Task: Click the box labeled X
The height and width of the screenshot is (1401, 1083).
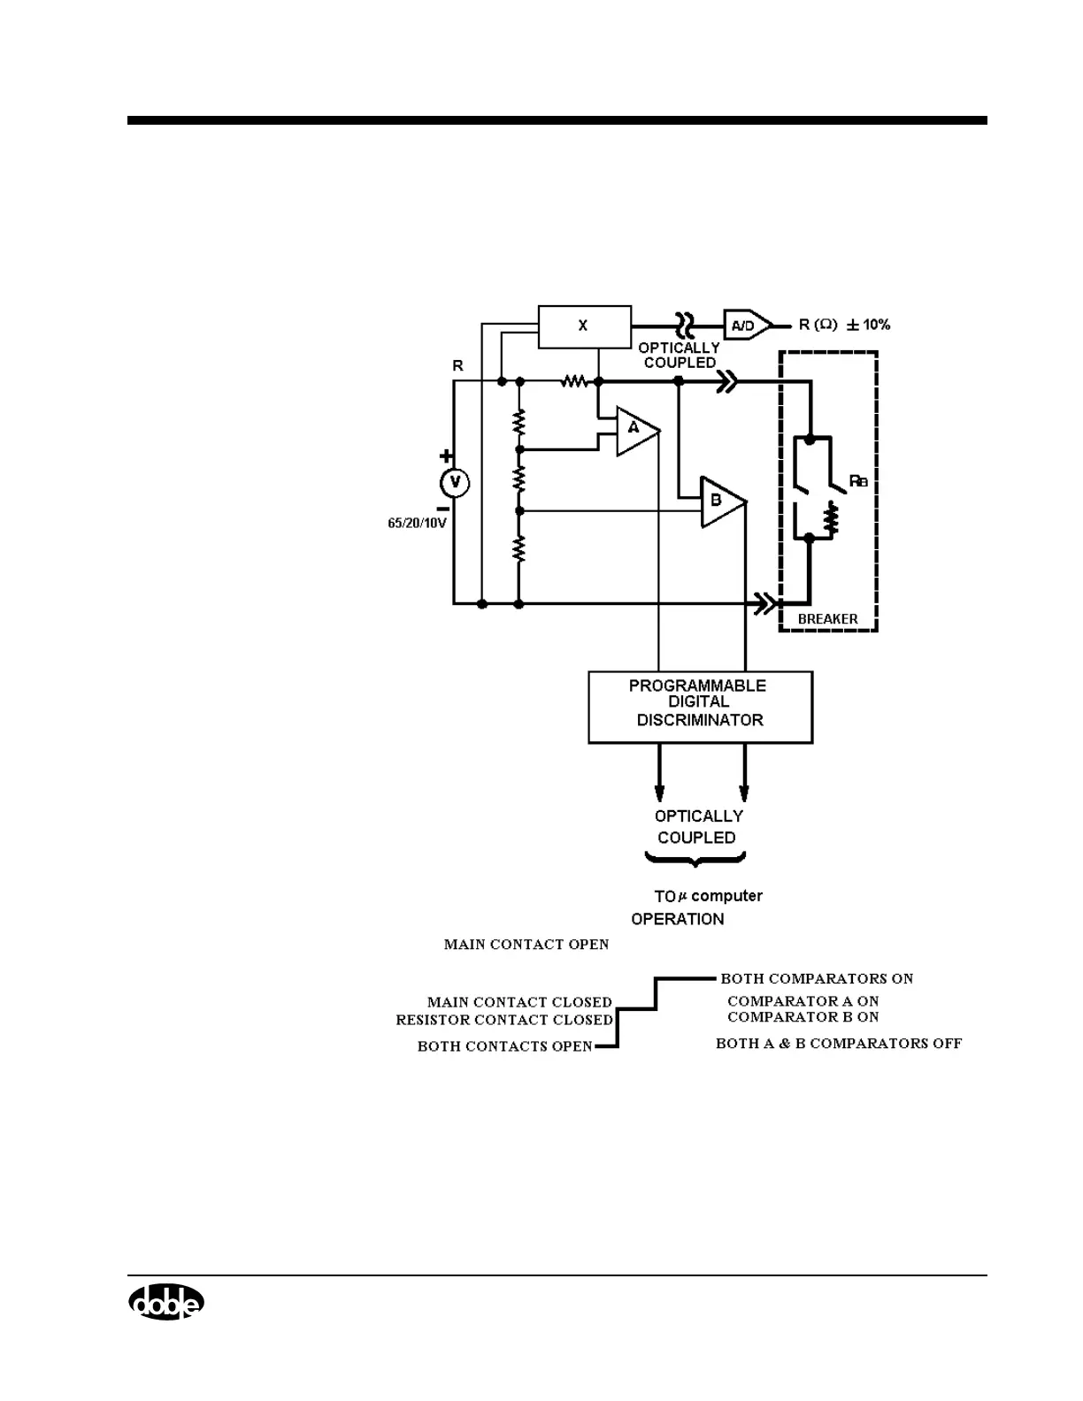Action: [x=584, y=326]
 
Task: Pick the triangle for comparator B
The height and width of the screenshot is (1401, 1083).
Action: [x=720, y=501]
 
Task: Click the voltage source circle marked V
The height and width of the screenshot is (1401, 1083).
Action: [x=455, y=482]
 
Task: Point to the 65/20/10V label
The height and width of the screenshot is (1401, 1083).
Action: [x=418, y=523]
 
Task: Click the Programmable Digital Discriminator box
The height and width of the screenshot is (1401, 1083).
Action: [x=700, y=707]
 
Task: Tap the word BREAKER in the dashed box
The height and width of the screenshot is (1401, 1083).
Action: [x=827, y=619]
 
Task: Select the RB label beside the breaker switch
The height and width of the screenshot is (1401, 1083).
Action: [x=858, y=481]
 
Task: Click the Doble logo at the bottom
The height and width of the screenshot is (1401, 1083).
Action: [x=166, y=1302]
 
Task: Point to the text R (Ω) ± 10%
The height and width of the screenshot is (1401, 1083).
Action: [x=844, y=325]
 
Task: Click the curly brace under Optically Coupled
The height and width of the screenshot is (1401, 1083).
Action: [x=695, y=859]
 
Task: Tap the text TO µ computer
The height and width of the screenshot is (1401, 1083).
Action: [x=708, y=896]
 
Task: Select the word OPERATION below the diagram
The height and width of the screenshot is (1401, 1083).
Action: [x=677, y=919]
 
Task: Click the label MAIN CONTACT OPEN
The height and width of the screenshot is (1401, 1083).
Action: [x=526, y=945]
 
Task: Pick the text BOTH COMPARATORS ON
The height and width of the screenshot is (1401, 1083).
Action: [x=817, y=978]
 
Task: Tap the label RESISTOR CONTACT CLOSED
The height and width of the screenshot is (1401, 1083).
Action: [x=504, y=1020]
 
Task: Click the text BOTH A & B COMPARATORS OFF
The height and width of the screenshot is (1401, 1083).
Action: [x=838, y=1044]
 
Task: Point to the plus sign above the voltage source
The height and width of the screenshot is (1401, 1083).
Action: [x=447, y=456]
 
